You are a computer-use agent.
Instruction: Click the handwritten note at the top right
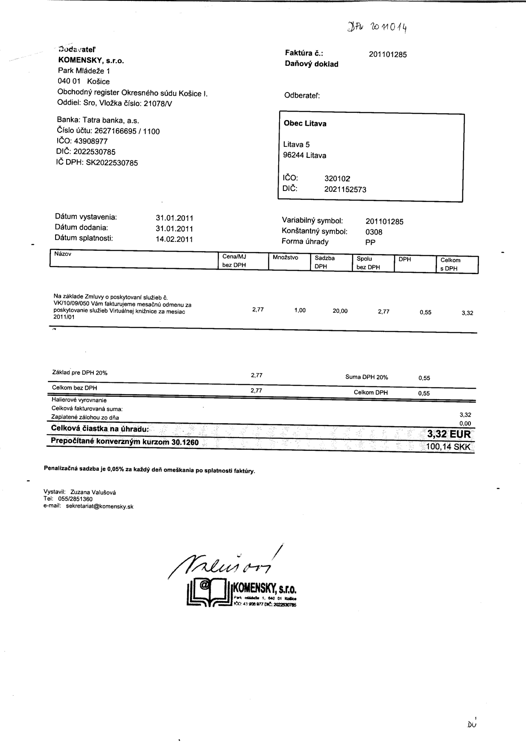pos(378,28)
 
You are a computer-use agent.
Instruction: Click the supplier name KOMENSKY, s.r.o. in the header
pos(91,61)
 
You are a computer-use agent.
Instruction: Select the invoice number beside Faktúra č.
pos(388,54)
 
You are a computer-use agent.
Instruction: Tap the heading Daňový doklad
pos(312,65)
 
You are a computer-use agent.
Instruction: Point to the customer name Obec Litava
pos(305,124)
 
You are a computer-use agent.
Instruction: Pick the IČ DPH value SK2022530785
pos(112,163)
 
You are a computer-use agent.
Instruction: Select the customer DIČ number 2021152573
pos(345,189)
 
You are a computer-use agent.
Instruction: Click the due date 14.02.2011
pos(174,239)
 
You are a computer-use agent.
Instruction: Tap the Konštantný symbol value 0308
pos(374,232)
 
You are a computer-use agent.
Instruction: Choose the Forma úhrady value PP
pos(370,242)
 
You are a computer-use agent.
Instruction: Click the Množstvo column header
pos(285,258)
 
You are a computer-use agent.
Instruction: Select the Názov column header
pos(63,254)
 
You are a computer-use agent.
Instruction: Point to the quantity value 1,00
pos(299,310)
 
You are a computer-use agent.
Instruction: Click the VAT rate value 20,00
pos(340,311)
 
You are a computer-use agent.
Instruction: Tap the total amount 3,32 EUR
pos(449,434)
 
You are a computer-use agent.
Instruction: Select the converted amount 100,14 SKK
pos(448,447)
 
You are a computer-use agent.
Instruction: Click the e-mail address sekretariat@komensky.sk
pos(100,506)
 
